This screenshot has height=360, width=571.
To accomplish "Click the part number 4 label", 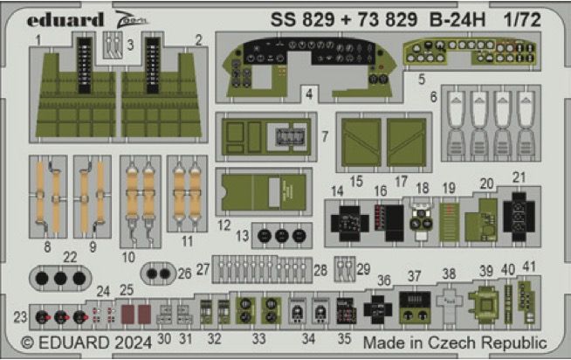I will pos(310,92).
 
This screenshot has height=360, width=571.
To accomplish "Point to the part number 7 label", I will pos(324,137).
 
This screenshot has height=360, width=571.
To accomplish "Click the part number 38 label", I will pos(449,273).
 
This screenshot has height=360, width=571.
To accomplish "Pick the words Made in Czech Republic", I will pos(454,343).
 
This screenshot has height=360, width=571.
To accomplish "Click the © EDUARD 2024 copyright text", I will pos(80,343).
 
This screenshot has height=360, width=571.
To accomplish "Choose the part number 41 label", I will pos(528,267).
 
